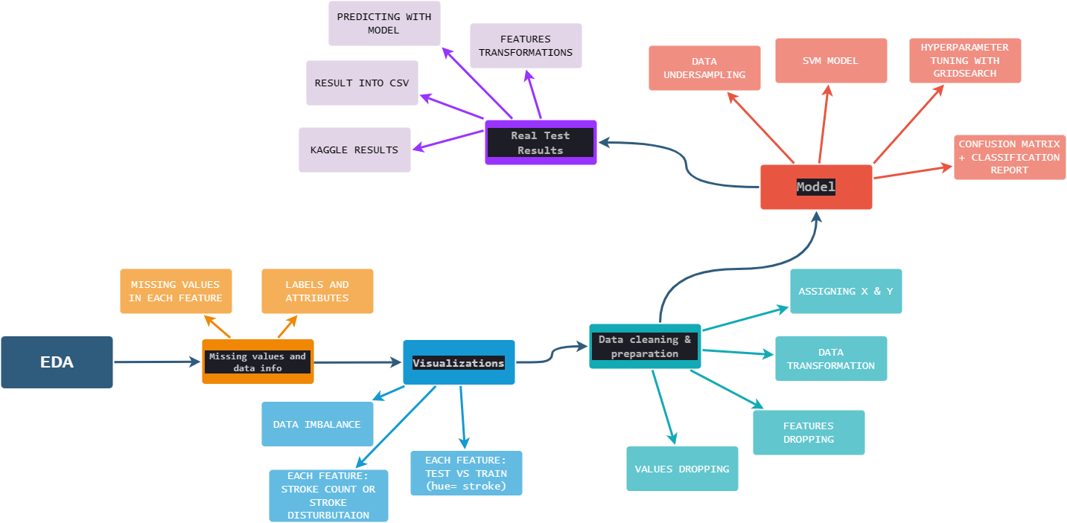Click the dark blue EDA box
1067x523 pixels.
(57, 362)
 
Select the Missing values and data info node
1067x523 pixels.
(258, 362)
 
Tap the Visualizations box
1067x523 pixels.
(459, 362)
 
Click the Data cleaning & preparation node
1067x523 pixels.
(645, 346)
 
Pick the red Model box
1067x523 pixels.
(816, 187)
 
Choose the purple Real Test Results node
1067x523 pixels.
(541, 142)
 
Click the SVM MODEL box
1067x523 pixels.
(831, 60)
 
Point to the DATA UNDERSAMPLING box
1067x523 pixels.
(704, 68)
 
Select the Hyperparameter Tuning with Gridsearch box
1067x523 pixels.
(965, 60)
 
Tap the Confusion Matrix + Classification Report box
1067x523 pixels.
(1010, 157)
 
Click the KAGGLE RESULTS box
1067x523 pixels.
(354, 150)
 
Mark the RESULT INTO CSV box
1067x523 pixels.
(362, 83)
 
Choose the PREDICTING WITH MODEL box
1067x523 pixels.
(384, 23)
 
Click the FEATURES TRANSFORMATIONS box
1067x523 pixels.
(526, 45)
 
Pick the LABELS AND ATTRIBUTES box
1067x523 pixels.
(317, 291)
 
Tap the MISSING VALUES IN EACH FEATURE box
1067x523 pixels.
(176, 291)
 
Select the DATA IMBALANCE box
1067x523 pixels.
(317, 424)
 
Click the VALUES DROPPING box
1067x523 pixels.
(682, 469)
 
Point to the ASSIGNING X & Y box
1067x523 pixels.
(846, 291)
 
